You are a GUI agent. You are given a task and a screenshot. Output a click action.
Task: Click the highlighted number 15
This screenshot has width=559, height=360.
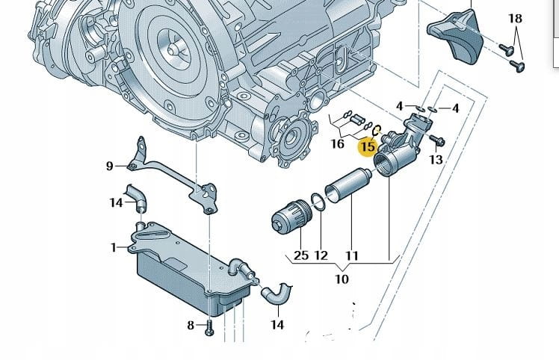coord(368,146)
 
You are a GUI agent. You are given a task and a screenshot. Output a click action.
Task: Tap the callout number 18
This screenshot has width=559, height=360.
coord(516,18)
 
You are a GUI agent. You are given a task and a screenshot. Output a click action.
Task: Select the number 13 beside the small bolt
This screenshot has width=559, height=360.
coord(436,159)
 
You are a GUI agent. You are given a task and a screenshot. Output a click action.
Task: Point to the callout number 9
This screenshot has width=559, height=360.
coord(109,166)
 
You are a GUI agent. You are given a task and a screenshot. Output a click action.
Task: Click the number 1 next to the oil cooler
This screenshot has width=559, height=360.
coord(114,247)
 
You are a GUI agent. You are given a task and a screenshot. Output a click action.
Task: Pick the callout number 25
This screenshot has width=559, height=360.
coord(300,255)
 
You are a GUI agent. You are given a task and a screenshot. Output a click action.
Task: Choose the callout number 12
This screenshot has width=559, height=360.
coord(321,255)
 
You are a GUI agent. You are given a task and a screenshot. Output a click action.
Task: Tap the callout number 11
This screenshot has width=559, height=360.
coord(351,255)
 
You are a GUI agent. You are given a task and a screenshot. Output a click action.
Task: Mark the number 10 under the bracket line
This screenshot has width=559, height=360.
coord(342,279)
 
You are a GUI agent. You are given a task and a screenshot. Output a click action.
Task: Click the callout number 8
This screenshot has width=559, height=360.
coord(191,325)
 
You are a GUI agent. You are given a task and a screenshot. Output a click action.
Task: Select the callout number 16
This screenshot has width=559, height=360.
coord(338,143)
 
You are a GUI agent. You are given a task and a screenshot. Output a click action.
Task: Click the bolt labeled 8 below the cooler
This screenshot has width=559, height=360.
coord(209,326)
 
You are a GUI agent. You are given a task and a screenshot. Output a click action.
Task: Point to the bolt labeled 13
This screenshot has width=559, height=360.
coord(439,140)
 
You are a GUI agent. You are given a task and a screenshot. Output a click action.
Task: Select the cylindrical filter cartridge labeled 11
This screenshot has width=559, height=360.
coord(349,190)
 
